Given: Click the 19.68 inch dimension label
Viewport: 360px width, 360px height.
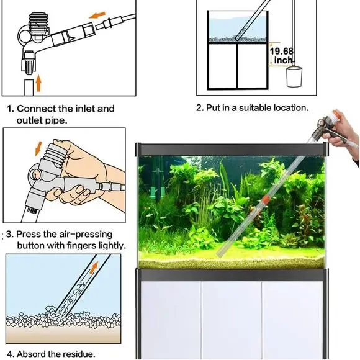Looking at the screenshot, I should click(282, 55).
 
